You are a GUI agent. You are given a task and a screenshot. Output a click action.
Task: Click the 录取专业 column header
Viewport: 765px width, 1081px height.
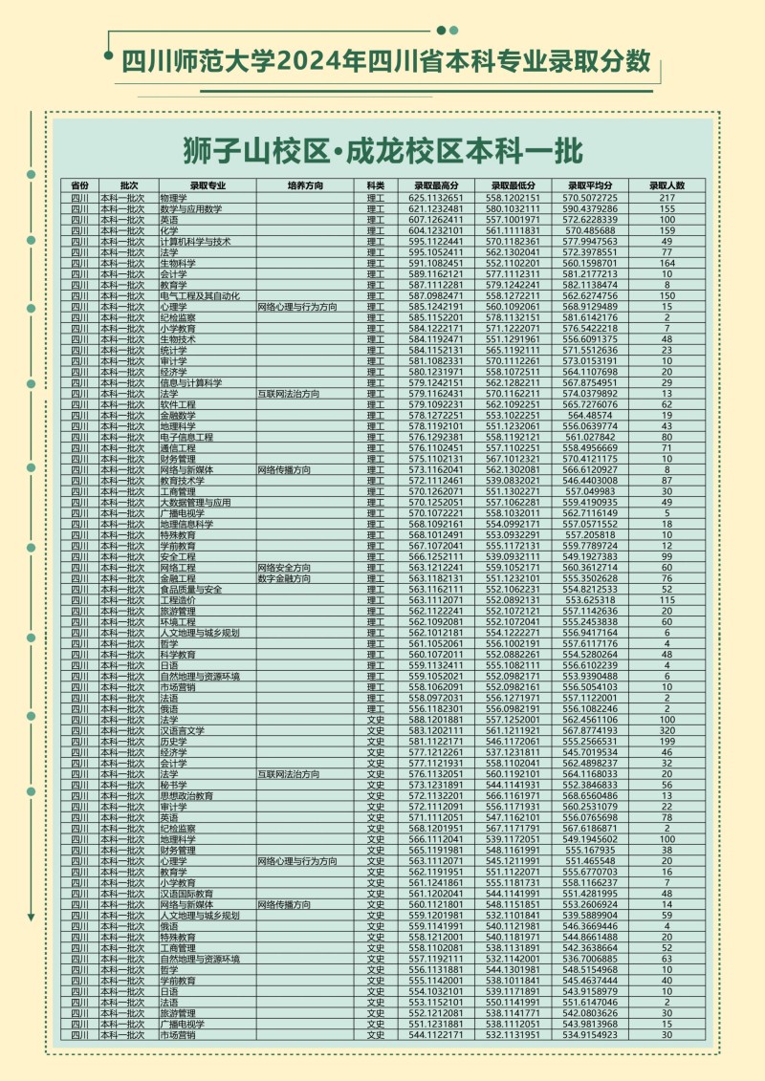pyautogui.click(x=207, y=184)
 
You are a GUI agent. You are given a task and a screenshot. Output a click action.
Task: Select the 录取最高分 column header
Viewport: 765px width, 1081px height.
pyautogui.click(x=436, y=184)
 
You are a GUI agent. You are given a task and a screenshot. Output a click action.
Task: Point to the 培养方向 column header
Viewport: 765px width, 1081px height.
pyautogui.click(x=304, y=184)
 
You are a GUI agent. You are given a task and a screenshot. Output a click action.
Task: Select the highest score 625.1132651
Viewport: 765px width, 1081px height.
pyautogui.click(x=436, y=198)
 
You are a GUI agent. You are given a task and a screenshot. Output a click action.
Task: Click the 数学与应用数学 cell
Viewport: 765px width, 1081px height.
pyautogui.click(x=190, y=209)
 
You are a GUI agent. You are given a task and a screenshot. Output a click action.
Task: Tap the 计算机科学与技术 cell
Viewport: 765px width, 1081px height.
pyautogui.click(x=195, y=242)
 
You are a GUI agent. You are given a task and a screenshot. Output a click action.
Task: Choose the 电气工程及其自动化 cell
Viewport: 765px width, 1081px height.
pyautogui.click(x=200, y=296)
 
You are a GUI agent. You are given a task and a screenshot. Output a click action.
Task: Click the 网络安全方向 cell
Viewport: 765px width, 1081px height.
pyautogui.click(x=284, y=568)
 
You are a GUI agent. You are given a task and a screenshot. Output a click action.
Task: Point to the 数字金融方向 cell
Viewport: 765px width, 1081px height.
pyautogui.click(x=284, y=579)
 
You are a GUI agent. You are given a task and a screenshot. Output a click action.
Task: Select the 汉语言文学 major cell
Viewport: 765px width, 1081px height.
pyautogui.click(x=183, y=730)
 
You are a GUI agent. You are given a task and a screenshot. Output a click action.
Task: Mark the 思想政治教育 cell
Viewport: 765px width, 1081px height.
pyautogui.click(x=186, y=795)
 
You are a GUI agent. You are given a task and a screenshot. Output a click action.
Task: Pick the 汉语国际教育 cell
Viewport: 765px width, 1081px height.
pyautogui.click(x=186, y=894)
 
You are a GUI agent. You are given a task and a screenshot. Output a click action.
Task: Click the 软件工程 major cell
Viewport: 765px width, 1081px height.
pyautogui.click(x=178, y=405)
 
